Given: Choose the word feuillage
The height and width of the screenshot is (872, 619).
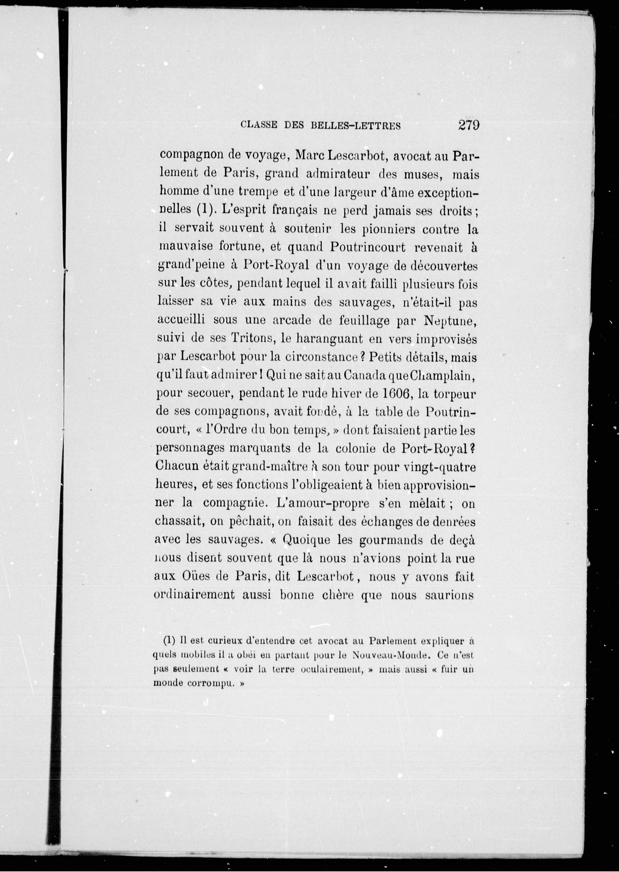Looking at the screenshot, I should click(x=364, y=321).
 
